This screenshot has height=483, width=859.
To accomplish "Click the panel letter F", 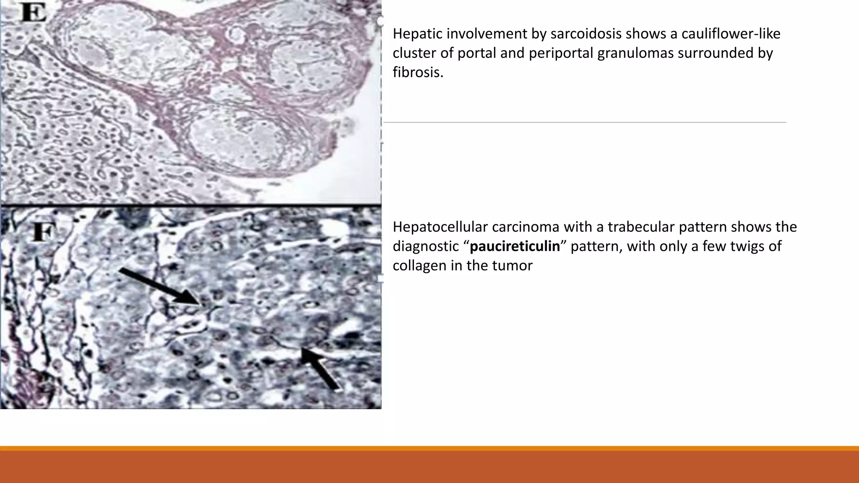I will point(43,232).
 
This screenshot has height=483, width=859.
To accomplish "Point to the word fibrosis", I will point(418,72).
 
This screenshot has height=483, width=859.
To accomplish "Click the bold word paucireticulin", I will point(515,246).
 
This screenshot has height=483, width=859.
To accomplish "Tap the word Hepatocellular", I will point(440,227).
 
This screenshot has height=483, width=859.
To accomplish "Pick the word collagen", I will point(419,265).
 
